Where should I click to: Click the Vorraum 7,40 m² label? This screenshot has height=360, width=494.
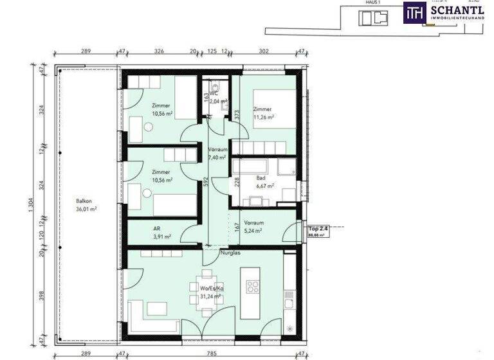pos(217,153)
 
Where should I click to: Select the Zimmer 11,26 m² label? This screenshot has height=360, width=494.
pos(263,113)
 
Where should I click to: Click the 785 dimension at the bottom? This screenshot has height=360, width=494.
pos(212,352)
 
